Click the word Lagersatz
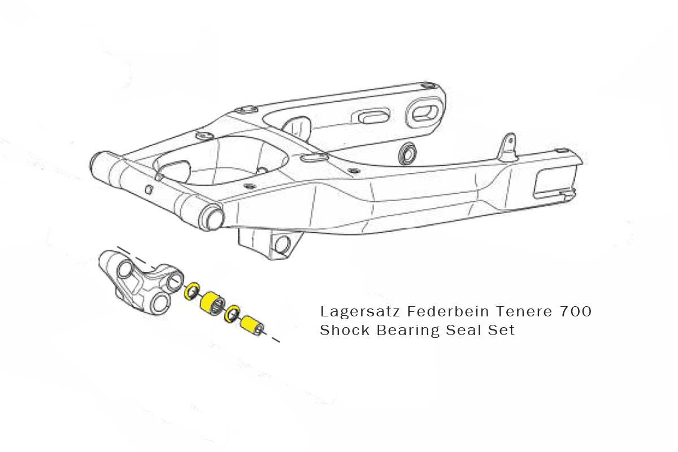[x=347, y=312]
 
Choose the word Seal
[x=462, y=330]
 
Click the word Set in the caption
[x=502, y=330]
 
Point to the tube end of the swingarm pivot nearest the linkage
[x=212, y=218]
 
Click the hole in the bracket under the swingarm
[x=281, y=244]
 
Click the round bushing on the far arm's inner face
[x=407, y=153]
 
